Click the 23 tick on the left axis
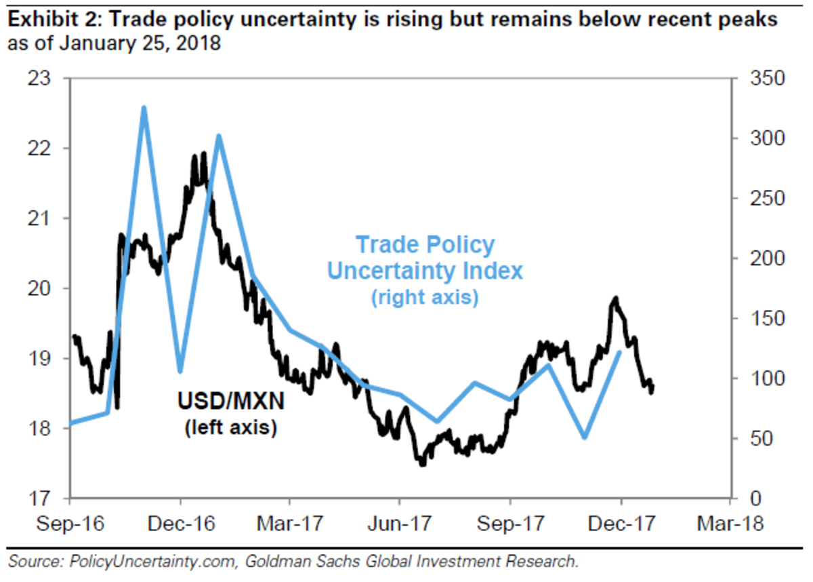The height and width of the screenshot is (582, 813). tap(42, 79)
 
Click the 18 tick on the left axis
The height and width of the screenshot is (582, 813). tap(42, 429)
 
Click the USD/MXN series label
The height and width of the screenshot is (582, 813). tap(230, 402)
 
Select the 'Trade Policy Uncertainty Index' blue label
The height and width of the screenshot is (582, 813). tap(425, 258)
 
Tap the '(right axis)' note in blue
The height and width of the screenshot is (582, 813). tap(425, 298)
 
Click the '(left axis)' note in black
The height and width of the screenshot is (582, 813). tap(230, 428)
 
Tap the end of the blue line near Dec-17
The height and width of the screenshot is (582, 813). tap(620, 352)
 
